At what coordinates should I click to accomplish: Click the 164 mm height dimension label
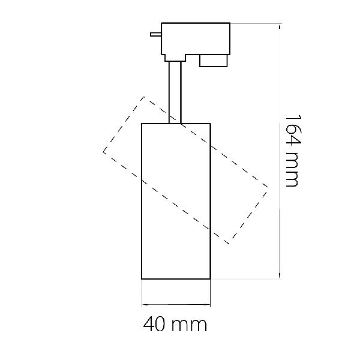coord(293,151)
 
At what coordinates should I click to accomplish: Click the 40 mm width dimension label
coord(175,324)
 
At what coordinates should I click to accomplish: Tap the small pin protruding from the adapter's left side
coord(156,34)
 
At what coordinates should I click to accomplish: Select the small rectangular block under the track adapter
coord(213,61)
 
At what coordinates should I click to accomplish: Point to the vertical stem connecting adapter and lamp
coord(175,92)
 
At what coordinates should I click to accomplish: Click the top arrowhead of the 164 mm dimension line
coord(280,26)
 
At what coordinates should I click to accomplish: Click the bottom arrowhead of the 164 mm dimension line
coord(280,276)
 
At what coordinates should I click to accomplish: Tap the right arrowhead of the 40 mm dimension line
coord(208,305)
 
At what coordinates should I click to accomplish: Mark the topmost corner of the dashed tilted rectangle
coord(144,97)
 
